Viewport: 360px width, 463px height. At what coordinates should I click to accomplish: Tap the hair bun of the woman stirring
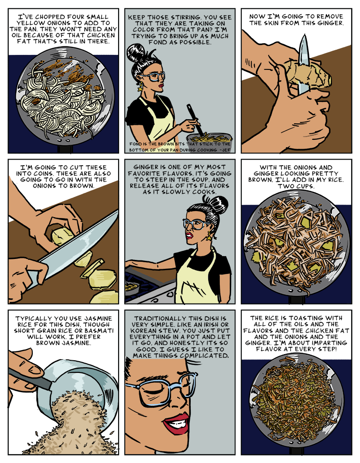136,53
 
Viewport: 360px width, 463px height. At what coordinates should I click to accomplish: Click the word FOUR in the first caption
75,17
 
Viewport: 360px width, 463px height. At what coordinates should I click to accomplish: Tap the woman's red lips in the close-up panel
176,423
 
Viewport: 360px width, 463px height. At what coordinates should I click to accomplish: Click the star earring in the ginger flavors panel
209,236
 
